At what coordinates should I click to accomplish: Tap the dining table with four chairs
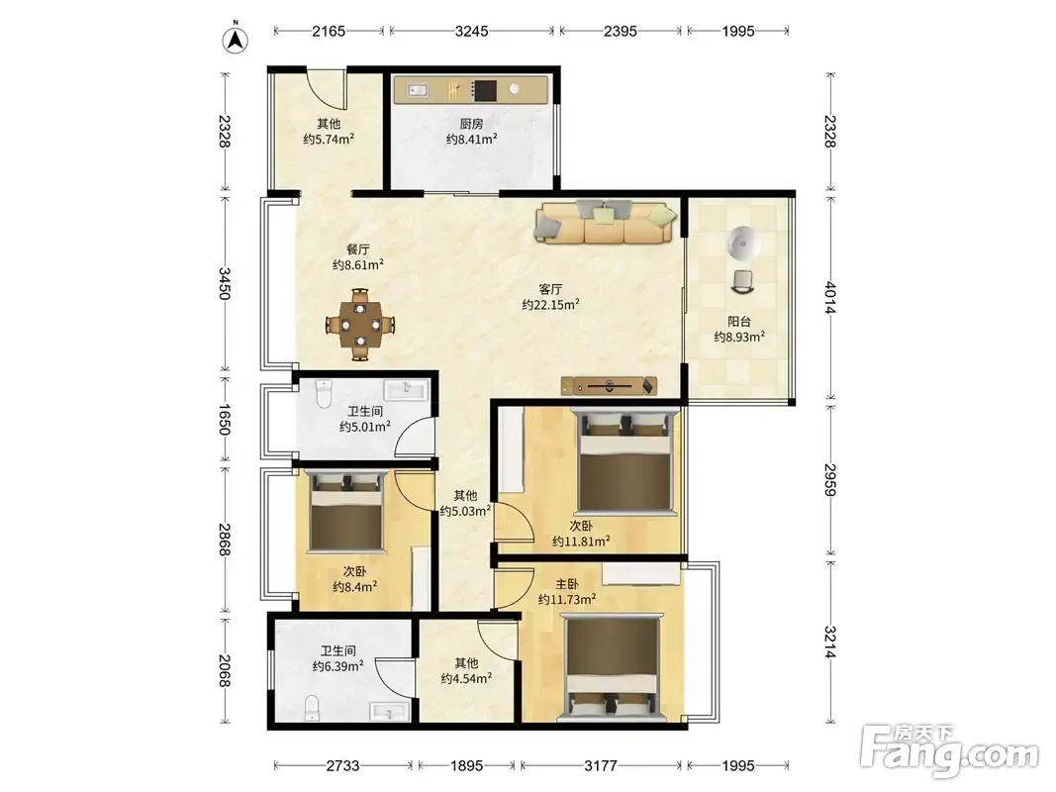pyautogui.click(x=360, y=325)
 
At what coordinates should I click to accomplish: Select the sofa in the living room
pyautogui.click(x=606, y=222)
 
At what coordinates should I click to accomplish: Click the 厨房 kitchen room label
pyautogui.click(x=471, y=124)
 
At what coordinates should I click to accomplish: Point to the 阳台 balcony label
pyautogui.click(x=738, y=322)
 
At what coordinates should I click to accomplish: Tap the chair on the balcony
pyautogui.click(x=742, y=281)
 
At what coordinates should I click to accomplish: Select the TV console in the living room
pyautogui.click(x=609, y=386)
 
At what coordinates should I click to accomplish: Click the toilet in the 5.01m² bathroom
pyautogui.click(x=324, y=395)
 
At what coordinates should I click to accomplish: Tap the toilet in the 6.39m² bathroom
pyautogui.click(x=312, y=708)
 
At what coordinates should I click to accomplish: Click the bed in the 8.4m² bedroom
pyautogui.click(x=346, y=511)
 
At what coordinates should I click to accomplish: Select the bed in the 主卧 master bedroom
pyautogui.click(x=612, y=669)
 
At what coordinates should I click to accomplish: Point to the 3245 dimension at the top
pyautogui.click(x=471, y=31)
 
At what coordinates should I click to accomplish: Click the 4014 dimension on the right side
pyautogui.click(x=829, y=298)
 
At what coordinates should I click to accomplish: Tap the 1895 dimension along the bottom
pyautogui.click(x=467, y=765)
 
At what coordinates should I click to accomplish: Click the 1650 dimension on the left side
pyautogui.click(x=225, y=419)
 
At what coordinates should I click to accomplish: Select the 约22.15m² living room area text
pyautogui.click(x=551, y=304)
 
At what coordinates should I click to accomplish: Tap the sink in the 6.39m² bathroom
pyautogui.click(x=389, y=711)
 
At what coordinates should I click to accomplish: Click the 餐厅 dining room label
pyautogui.click(x=358, y=249)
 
